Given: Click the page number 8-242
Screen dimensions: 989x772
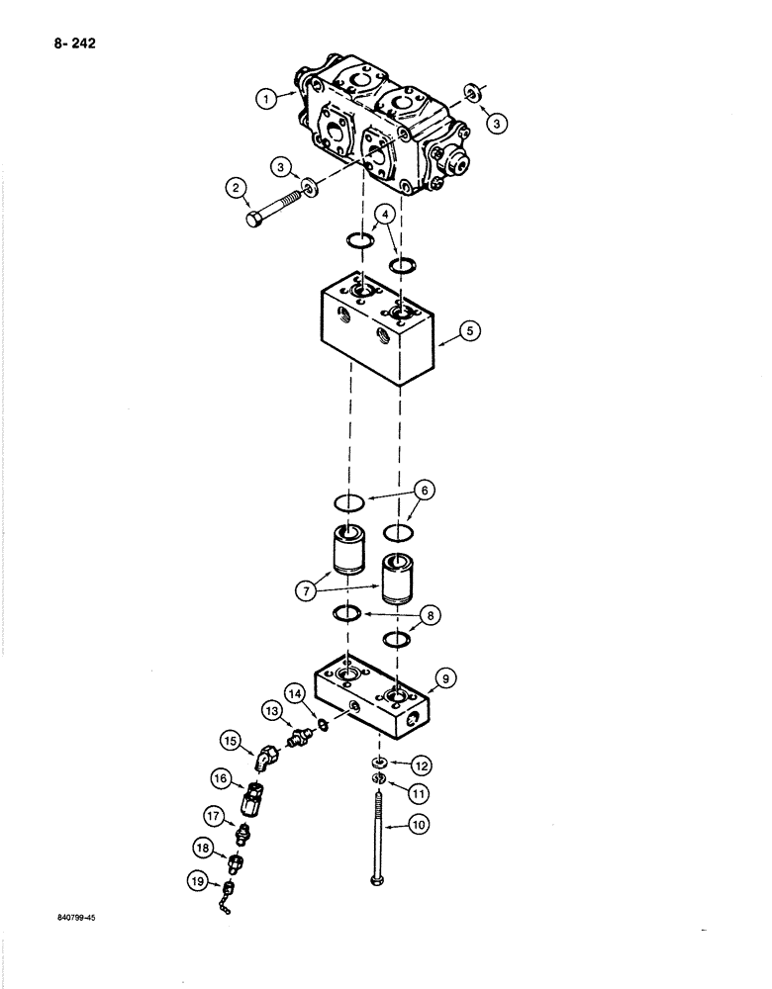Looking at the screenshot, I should click(66, 43).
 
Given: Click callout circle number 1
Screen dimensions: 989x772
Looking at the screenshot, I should click(263, 98).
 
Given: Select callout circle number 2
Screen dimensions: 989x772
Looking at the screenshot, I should click(235, 187).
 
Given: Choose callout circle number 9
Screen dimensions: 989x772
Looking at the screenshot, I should click(445, 678).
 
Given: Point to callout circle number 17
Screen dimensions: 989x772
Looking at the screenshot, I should click(214, 816).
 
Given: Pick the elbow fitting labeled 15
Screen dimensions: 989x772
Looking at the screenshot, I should click(266, 760).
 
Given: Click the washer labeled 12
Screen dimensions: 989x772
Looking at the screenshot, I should click(379, 764).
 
